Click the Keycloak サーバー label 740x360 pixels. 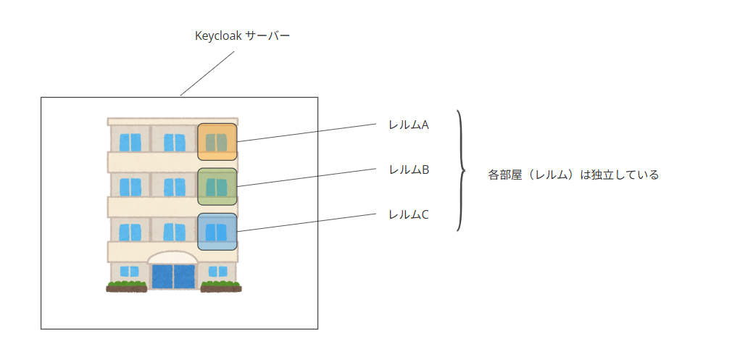[x=242, y=36]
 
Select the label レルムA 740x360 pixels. [x=409, y=125]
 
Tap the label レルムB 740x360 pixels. [x=409, y=169]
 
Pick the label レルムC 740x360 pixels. [x=409, y=214]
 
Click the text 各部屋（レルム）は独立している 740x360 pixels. [x=573, y=175]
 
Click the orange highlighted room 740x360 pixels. [x=217, y=141]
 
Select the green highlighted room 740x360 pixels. [x=217, y=186]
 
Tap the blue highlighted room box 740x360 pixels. [x=217, y=232]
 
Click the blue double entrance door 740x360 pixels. [x=173, y=277]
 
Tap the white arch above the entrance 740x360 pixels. [x=172, y=258]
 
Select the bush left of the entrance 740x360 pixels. [x=127, y=286]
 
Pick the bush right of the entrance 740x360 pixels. [x=221, y=286]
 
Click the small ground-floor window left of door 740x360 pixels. [x=129, y=272]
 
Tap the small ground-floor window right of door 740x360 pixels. [x=218, y=272]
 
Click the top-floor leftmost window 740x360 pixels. [x=130, y=143]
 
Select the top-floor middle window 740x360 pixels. [x=175, y=143]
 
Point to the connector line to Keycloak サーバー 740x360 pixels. [x=207, y=73]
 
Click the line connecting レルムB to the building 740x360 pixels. [x=307, y=177]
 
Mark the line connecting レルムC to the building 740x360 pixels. [x=307, y=222]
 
